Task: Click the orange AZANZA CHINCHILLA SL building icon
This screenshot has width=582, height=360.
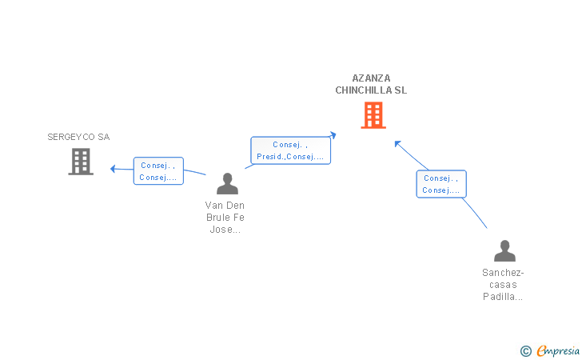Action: tap(373, 115)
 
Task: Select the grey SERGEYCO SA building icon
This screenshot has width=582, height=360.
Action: tap(81, 162)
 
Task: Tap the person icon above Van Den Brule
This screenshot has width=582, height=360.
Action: tap(227, 183)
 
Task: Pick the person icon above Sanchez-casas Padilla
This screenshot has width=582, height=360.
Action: tap(504, 250)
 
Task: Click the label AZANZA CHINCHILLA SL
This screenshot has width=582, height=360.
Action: tap(371, 84)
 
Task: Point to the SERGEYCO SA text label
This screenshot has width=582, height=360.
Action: tap(78, 137)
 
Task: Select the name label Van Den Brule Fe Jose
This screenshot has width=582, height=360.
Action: tap(225, 218)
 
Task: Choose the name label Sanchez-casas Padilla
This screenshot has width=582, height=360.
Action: tap(503, 285)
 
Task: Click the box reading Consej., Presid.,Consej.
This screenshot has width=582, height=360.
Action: tap(291, 150)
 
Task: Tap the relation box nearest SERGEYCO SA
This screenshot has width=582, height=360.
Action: tap(158, 171)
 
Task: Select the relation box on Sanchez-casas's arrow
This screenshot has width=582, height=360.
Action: tap(441, 184)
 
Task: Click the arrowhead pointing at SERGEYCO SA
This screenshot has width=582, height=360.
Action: tap(113, 169)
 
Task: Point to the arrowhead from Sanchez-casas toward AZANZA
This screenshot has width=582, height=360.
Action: tap(397, 144)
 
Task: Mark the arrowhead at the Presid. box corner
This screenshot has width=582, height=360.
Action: tap(333, 134)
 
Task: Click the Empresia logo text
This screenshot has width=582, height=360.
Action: tap(558, 350)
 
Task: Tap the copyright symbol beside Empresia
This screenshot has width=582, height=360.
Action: tap(526, 351)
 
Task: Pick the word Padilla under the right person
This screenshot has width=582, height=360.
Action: tap(503, 297)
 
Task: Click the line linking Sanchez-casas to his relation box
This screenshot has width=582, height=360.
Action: tap(475, 212)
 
